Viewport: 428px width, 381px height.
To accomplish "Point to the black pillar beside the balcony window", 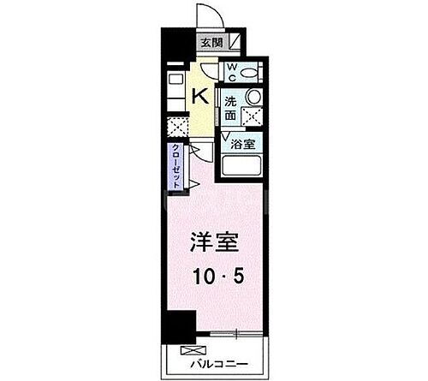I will click(181, 325).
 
